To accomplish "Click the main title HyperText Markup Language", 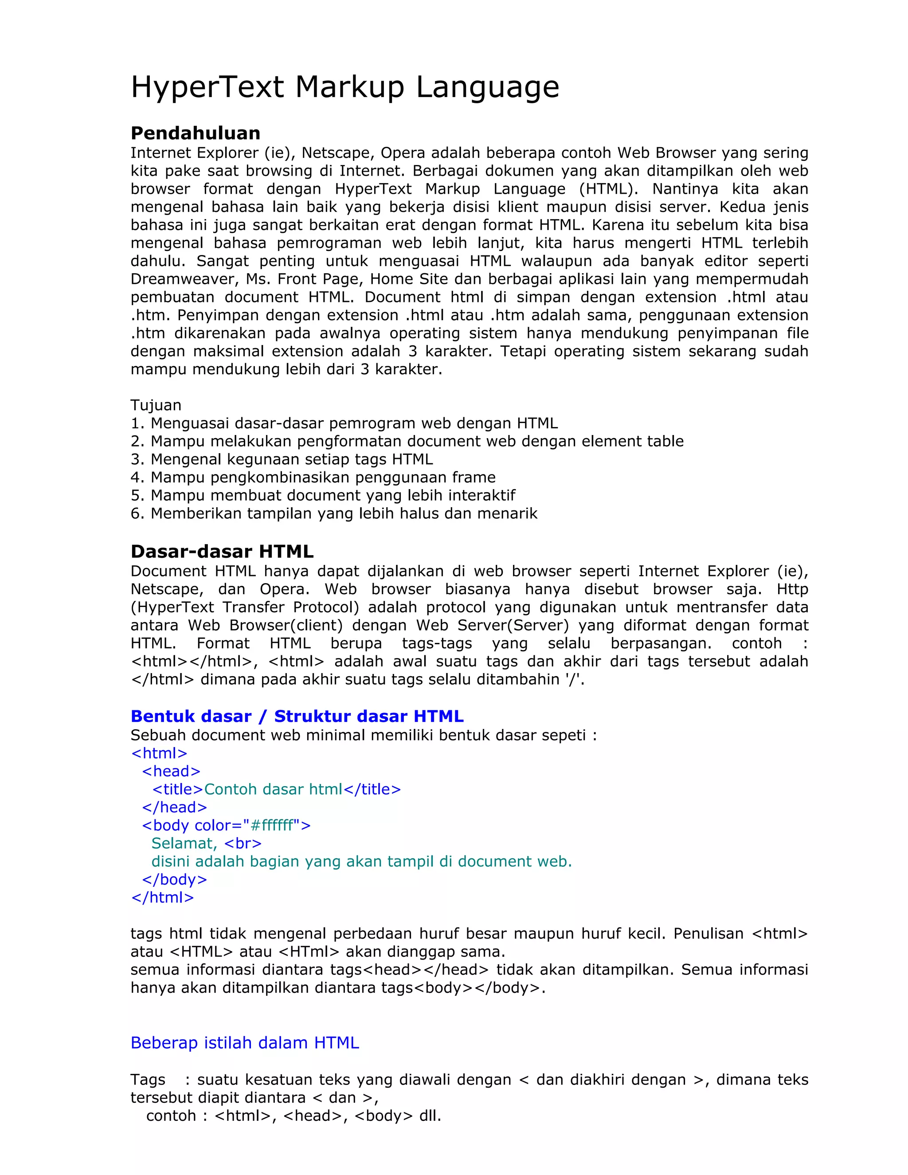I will click(x=345, y=87).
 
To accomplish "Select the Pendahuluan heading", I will click(x=195, y=133).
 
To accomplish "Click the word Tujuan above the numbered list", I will click(x=156, y=405).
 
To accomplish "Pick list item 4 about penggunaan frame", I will click(x=313, y=477).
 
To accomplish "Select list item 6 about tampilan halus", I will click(x=333, y=513).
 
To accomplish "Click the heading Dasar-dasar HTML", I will click(x=222, y=552).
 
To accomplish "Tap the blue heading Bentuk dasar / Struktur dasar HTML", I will click(x=297, y=716).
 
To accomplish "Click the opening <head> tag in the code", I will click(x=171, y=772).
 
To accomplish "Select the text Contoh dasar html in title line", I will click(x=273, y=789).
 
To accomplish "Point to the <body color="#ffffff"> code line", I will click(x=226, y=825).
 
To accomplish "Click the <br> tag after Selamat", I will click(x=243, y=843).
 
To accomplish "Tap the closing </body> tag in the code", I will click(x=174, y=879).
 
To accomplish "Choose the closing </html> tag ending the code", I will click(x=162, y=897).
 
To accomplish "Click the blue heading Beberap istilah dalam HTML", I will click(x=245, y=1043).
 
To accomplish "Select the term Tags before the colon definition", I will click(x=148, y=1080).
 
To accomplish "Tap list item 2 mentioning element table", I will click(x=407, y=441).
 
